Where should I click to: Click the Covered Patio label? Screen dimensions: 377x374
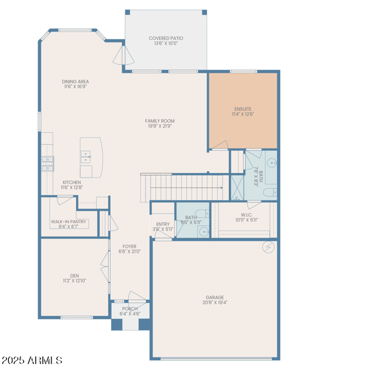pyautogui.click(x=165, y=38)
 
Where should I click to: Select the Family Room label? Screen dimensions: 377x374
pyautogui.click(x=159, y=121)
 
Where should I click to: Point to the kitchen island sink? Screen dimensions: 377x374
pyautogui.click(x=86, y=157)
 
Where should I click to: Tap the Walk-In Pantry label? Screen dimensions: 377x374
pyautogui.click(x=68, y=222)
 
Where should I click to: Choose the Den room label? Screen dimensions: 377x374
pyautogui.click(x=75, y=275)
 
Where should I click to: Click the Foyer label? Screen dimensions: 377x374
pyautogui.click(x=129, y=246)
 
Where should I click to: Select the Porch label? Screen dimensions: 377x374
pyautogui.click(x=129, y=309)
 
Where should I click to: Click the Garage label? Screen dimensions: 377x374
pyautogui.click(x=215, y=297)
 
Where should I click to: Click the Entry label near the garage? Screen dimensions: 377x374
pyautogui.click(x=163, y=224)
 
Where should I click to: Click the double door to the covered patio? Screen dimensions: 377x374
pyautogui.click(x=123, y=55)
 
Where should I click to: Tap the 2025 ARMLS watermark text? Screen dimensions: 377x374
pyautogui.click(x=32, y=360)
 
